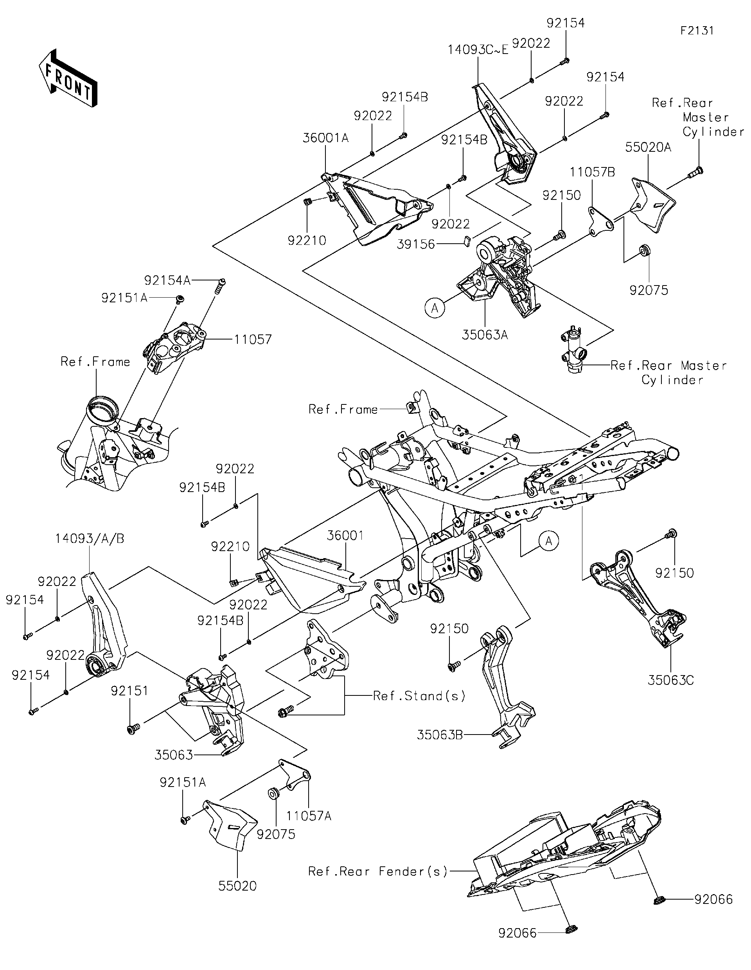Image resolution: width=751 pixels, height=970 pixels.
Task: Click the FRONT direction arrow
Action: (68, 78)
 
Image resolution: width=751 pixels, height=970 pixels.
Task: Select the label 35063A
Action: (485, 334)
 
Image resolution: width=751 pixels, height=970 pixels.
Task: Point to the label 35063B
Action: (439, 735)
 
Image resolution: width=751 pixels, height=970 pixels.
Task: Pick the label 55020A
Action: (648, 147)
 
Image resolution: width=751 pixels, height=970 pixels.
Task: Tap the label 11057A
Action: (309, 816)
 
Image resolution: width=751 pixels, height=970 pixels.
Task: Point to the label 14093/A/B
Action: (90, 538)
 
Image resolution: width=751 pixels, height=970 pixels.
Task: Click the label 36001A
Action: (325, 138)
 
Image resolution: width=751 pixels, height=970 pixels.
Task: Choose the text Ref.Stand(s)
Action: (419, 695)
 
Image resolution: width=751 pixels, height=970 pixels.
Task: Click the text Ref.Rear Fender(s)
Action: (378, 871)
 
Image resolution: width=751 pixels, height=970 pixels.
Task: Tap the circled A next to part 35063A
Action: (435, 307)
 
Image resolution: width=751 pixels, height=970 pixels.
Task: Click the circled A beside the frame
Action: (549, 541)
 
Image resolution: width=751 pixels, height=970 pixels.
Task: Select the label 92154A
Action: (167, 280)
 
